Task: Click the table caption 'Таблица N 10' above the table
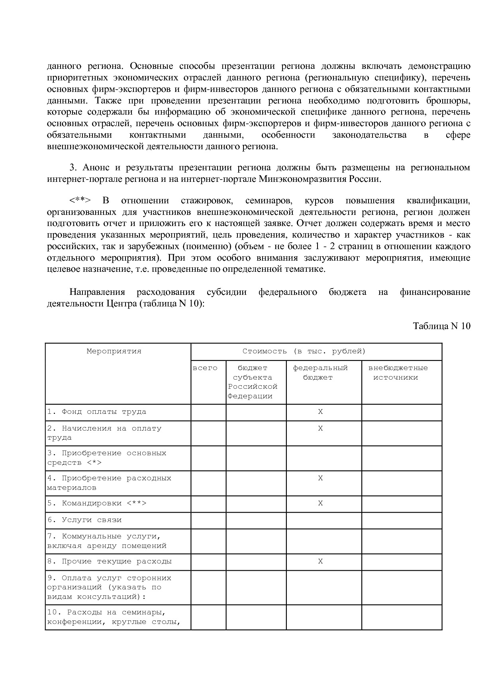pos(441,326)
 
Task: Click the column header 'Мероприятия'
pos(114,351)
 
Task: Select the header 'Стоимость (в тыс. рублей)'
pos(304,351)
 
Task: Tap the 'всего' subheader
pos(205,368)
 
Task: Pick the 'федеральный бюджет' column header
pos(320,372)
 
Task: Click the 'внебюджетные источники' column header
pos(398,372)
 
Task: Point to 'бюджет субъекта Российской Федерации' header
pos(253,382)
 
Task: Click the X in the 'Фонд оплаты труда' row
pos(320,412)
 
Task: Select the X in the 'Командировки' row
pos(320,503)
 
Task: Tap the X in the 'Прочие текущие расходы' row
pos(320,562)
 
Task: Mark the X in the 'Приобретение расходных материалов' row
pos(320,478)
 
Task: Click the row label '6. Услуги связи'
pos(84,520)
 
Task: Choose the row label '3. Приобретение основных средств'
pos(106,458)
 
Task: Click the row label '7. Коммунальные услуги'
pos(106,541)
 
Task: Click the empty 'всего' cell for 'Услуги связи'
pos(208,520)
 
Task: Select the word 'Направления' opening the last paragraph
pos(97,292)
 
